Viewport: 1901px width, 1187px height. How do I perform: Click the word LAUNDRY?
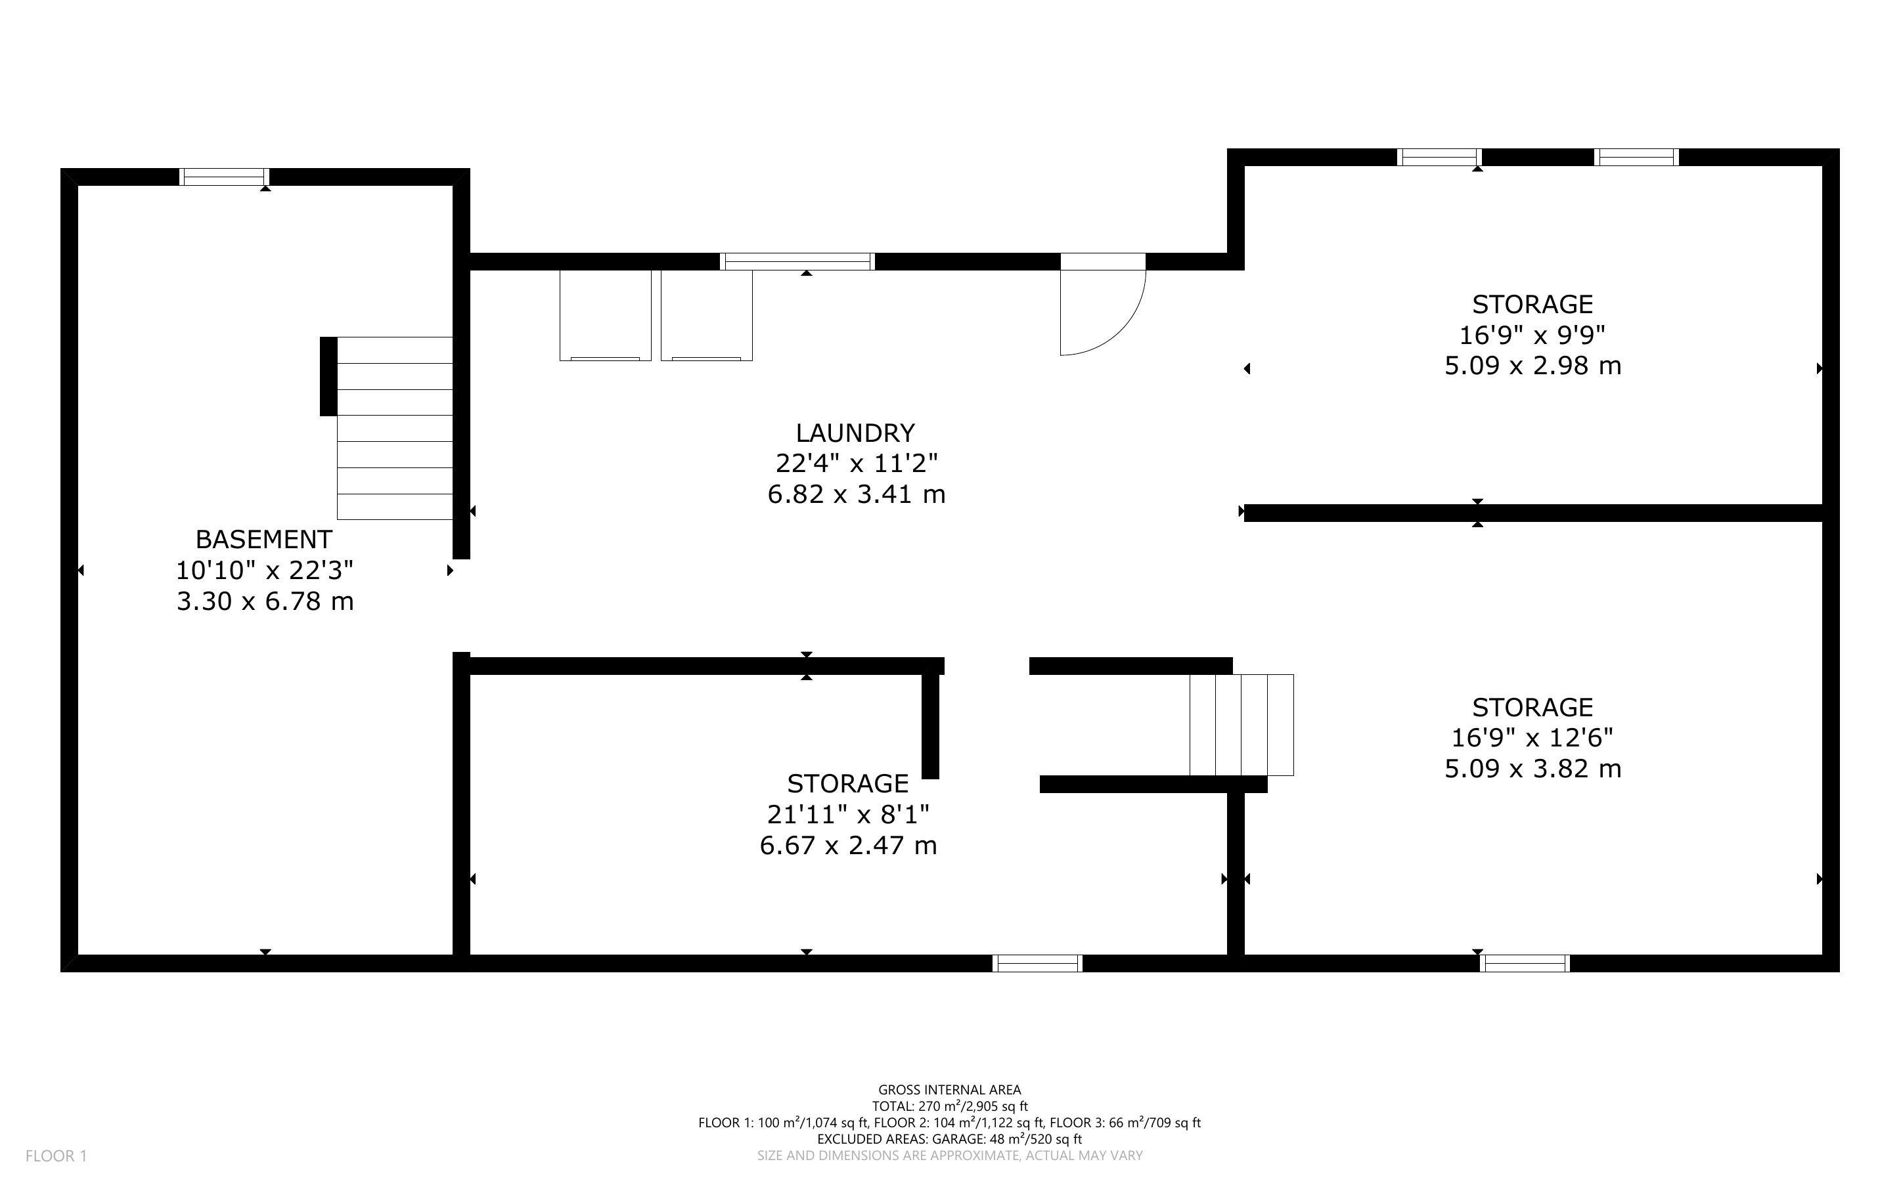(x=855, y=433)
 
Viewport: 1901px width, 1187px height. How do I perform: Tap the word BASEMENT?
(x=264, y=539)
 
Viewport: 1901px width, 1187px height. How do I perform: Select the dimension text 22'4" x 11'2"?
(x=856, y=464)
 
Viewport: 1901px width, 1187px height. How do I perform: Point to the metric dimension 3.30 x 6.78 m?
(x=265, y=601)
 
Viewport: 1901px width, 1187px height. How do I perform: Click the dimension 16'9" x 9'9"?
(x=1532, y=335)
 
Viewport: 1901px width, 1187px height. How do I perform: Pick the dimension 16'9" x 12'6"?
(x=1532, y=738)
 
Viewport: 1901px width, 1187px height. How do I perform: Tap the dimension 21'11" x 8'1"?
(x=848, y=815)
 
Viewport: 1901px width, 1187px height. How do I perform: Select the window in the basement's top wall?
(x=225, y=177)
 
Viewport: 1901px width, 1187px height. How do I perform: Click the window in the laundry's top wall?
(x=797, y=261)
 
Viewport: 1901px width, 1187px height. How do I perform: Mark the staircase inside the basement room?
(x=394, y=428)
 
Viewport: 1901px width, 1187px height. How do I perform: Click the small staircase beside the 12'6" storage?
(x=1241, y=725)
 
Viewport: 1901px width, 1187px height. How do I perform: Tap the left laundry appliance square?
(x=606, y=316)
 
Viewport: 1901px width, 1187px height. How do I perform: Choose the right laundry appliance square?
(x=707, y=316)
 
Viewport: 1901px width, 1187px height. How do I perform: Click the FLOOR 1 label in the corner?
(x=56, y=1155)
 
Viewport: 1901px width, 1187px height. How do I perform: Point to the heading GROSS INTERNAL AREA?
(x=949, y=1090)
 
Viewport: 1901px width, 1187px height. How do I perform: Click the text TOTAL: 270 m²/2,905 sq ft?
(x=949, y=1106)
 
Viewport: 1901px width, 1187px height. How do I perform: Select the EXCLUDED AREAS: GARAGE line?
(x=949, y=1139)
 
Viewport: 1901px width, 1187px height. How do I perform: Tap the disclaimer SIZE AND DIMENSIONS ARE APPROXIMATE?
(x=949, y=1155)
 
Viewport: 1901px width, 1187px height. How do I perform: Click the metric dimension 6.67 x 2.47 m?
(x=848, y=846)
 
